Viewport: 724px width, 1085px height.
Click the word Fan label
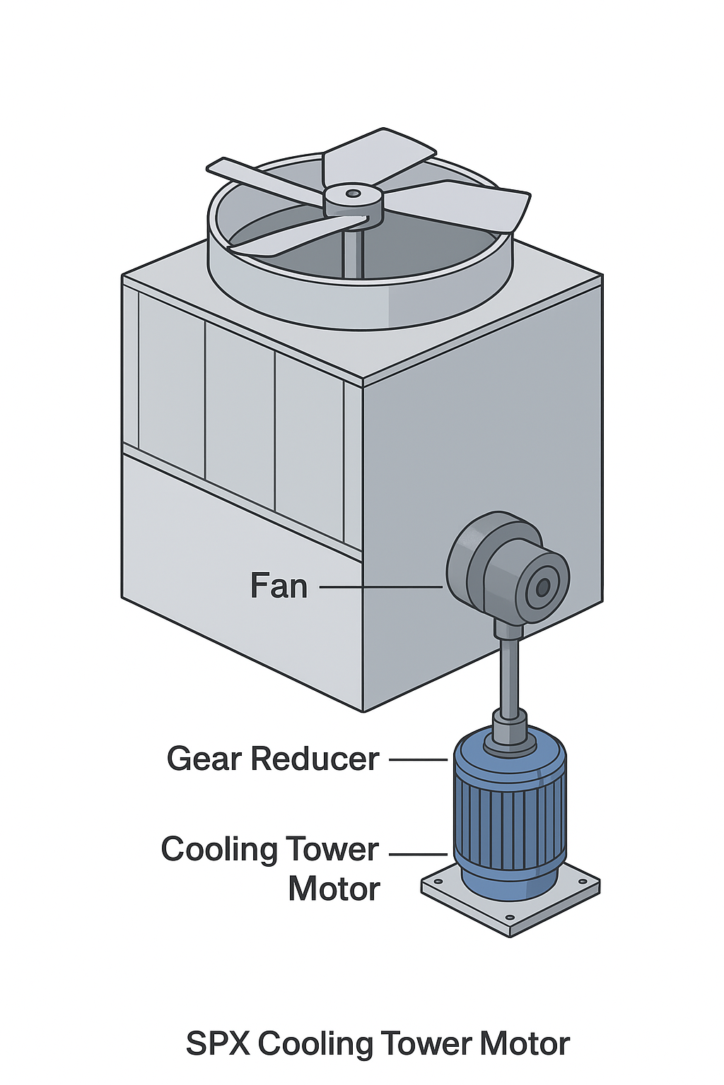(x=279, y=586)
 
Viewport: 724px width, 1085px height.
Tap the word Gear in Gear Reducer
(x=205, y=759)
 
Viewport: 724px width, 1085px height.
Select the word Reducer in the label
(x=315, y=759)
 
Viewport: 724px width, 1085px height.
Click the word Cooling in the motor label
(x=219, y=850)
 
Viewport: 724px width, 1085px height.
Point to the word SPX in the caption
(x=217, y=1044)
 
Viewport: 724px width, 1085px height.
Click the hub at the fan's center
(x=353, y=198)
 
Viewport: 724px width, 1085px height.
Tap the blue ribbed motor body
(x=509, y=812)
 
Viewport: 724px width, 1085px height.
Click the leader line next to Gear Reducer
(x=418, y=759)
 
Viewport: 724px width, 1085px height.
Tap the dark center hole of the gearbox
(x=543, y=587)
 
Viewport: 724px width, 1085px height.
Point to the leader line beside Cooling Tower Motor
(x=418, y=854)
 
